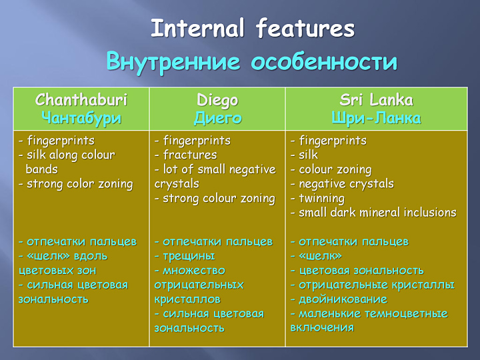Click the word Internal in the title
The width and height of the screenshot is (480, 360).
pyautogui.click(x=198, y=28)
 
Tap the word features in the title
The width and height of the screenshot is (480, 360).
pyautogui.click(x=305, y=28)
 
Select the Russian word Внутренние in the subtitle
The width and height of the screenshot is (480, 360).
pyautogui.click(x=173, y=61)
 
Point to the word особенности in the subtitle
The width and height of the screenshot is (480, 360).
pyautogui.click(x=324, y=61)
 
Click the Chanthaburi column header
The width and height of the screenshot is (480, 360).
pyautogui.click(x=81, y=100)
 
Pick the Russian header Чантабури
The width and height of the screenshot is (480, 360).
pyautogui.click(x=81, y=118)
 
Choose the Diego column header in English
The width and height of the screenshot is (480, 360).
pyautogui.click(x=217, y=101)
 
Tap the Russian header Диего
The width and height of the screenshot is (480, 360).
pyautogui.click(x=217, y=118)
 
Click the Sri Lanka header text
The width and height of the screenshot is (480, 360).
pyautogui.click(x=376, y=100)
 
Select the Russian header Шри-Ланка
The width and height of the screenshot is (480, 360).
pyautogui.click(x=376, y=118)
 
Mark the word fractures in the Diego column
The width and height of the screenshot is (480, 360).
pyautogui.click(x=190, y=155)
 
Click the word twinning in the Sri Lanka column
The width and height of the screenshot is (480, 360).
pyautogui.click(x=321, y=199)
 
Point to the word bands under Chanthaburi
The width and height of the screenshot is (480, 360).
pyautogui.click(x=41, y=169)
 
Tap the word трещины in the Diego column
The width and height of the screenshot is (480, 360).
pyautogui.click(x=189, y=256)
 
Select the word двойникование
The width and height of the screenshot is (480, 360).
pyautogui.click(x=343, y=299)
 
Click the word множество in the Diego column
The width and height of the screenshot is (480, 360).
pyautogui.click(x=194, y=271)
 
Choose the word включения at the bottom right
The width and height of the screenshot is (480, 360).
pyautogui.click(x=322, y=328)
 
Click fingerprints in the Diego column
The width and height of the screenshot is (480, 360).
pyautogui.click(x=197, y=141)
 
